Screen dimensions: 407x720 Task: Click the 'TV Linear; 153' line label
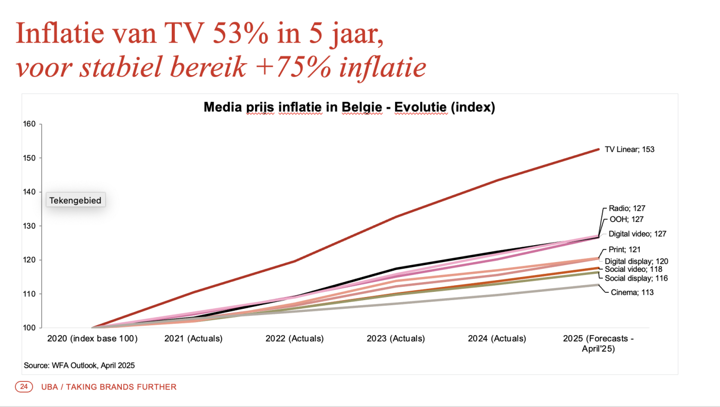(x=629, y=150)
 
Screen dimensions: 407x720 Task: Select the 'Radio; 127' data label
(x=627, y=209)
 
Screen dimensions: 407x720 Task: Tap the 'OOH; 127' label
(x=626, y=219)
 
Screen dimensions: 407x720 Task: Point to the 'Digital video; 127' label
(x=638, y=234)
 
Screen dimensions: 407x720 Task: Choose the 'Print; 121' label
(x=625, y=250)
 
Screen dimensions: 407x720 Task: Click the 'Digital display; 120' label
(x=636, y=261)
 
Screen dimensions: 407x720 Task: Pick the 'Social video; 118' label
(x=633, y=269)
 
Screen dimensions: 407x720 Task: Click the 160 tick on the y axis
(x=29, y=124)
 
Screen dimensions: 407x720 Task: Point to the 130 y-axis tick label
(x=29, y=226)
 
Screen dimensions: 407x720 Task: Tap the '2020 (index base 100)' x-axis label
(x=93, y=339)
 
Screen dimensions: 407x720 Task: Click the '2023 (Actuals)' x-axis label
(x=396, y=339)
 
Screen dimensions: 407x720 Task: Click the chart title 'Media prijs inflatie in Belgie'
(x=349, y=107)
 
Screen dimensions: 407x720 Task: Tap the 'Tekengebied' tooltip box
(x=76, y=200)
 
